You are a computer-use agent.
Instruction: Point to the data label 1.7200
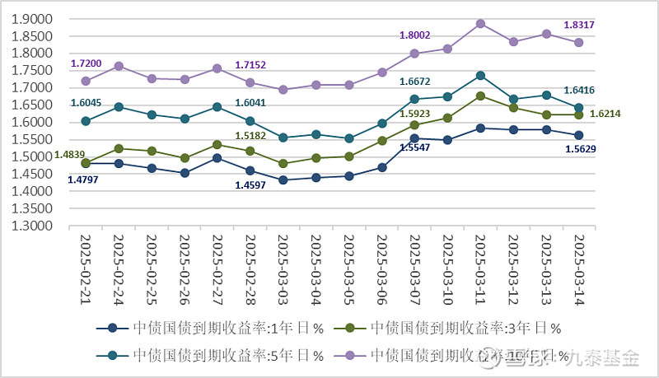point(86,63)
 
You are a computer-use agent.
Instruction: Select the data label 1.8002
point(415,35)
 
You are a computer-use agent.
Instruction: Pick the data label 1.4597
point(250,185)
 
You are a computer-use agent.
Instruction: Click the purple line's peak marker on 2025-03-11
point(481,24)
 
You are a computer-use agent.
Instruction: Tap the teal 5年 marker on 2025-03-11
point(481,76)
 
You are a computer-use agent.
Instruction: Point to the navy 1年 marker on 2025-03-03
point(283,180)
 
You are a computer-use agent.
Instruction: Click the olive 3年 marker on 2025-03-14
point(579,114)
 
